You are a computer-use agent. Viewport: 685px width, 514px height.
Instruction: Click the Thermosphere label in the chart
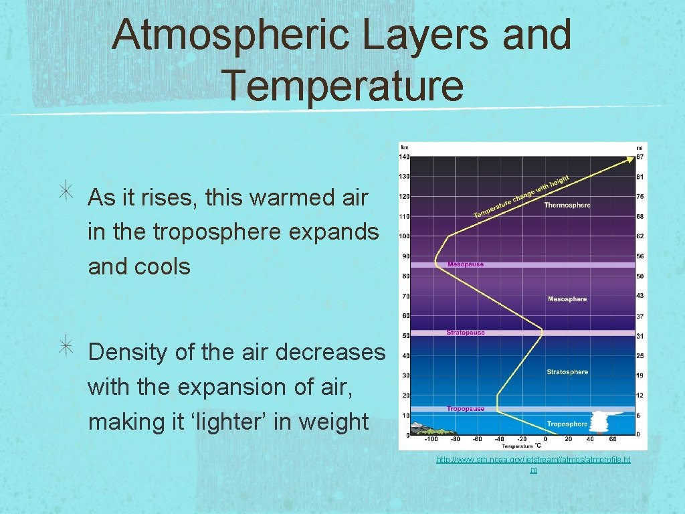567,205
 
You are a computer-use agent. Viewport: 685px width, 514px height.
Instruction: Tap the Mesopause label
465,264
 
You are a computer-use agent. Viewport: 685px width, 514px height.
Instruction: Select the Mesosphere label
567,299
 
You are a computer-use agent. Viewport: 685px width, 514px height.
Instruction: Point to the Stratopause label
466,333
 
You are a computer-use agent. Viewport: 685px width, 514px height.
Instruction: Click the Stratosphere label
567,372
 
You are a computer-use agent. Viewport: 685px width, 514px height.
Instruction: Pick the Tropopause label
465,408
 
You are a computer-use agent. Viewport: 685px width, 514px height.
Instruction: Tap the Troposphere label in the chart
567,424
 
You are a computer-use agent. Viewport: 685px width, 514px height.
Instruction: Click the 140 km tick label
404,157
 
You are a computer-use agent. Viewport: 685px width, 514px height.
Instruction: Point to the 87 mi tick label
640,157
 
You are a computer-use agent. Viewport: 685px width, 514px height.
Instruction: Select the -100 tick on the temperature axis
431,440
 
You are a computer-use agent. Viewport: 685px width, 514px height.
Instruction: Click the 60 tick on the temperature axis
612,440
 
